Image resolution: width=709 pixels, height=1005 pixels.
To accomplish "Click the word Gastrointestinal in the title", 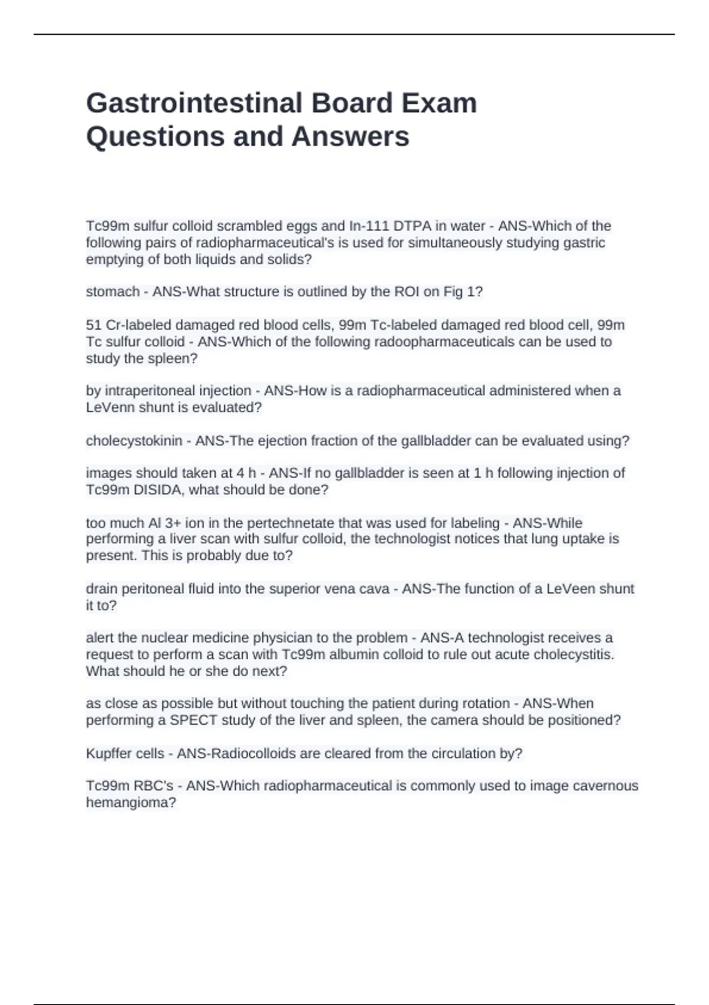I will click(194, 103).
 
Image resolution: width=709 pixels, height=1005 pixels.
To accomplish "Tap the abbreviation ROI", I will click(406, 292).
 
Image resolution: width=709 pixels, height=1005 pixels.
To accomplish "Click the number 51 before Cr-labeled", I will click(94, 325).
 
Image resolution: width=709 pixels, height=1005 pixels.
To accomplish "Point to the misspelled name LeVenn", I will click(110, 407).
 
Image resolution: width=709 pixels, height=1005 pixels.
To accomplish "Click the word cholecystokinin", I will click(134, 441).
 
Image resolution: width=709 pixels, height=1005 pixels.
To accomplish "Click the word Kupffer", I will click(110, 754).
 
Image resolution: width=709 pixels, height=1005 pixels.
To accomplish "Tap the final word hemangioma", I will click(131, 803).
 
